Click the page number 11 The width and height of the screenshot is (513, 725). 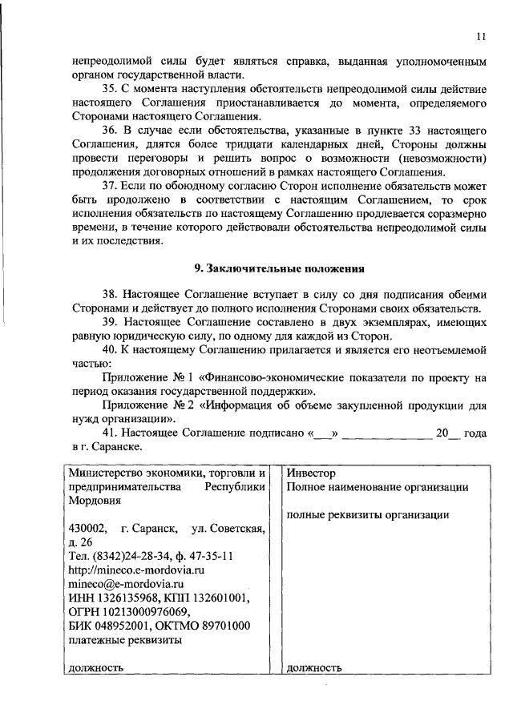tap(479, 35)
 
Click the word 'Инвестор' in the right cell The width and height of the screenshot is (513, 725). tap(310, 473)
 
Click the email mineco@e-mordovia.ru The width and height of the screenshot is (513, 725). tap(121, 584)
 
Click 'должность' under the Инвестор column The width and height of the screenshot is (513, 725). tap(314, 667)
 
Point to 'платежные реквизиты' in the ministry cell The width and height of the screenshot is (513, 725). tap(124, 639)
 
